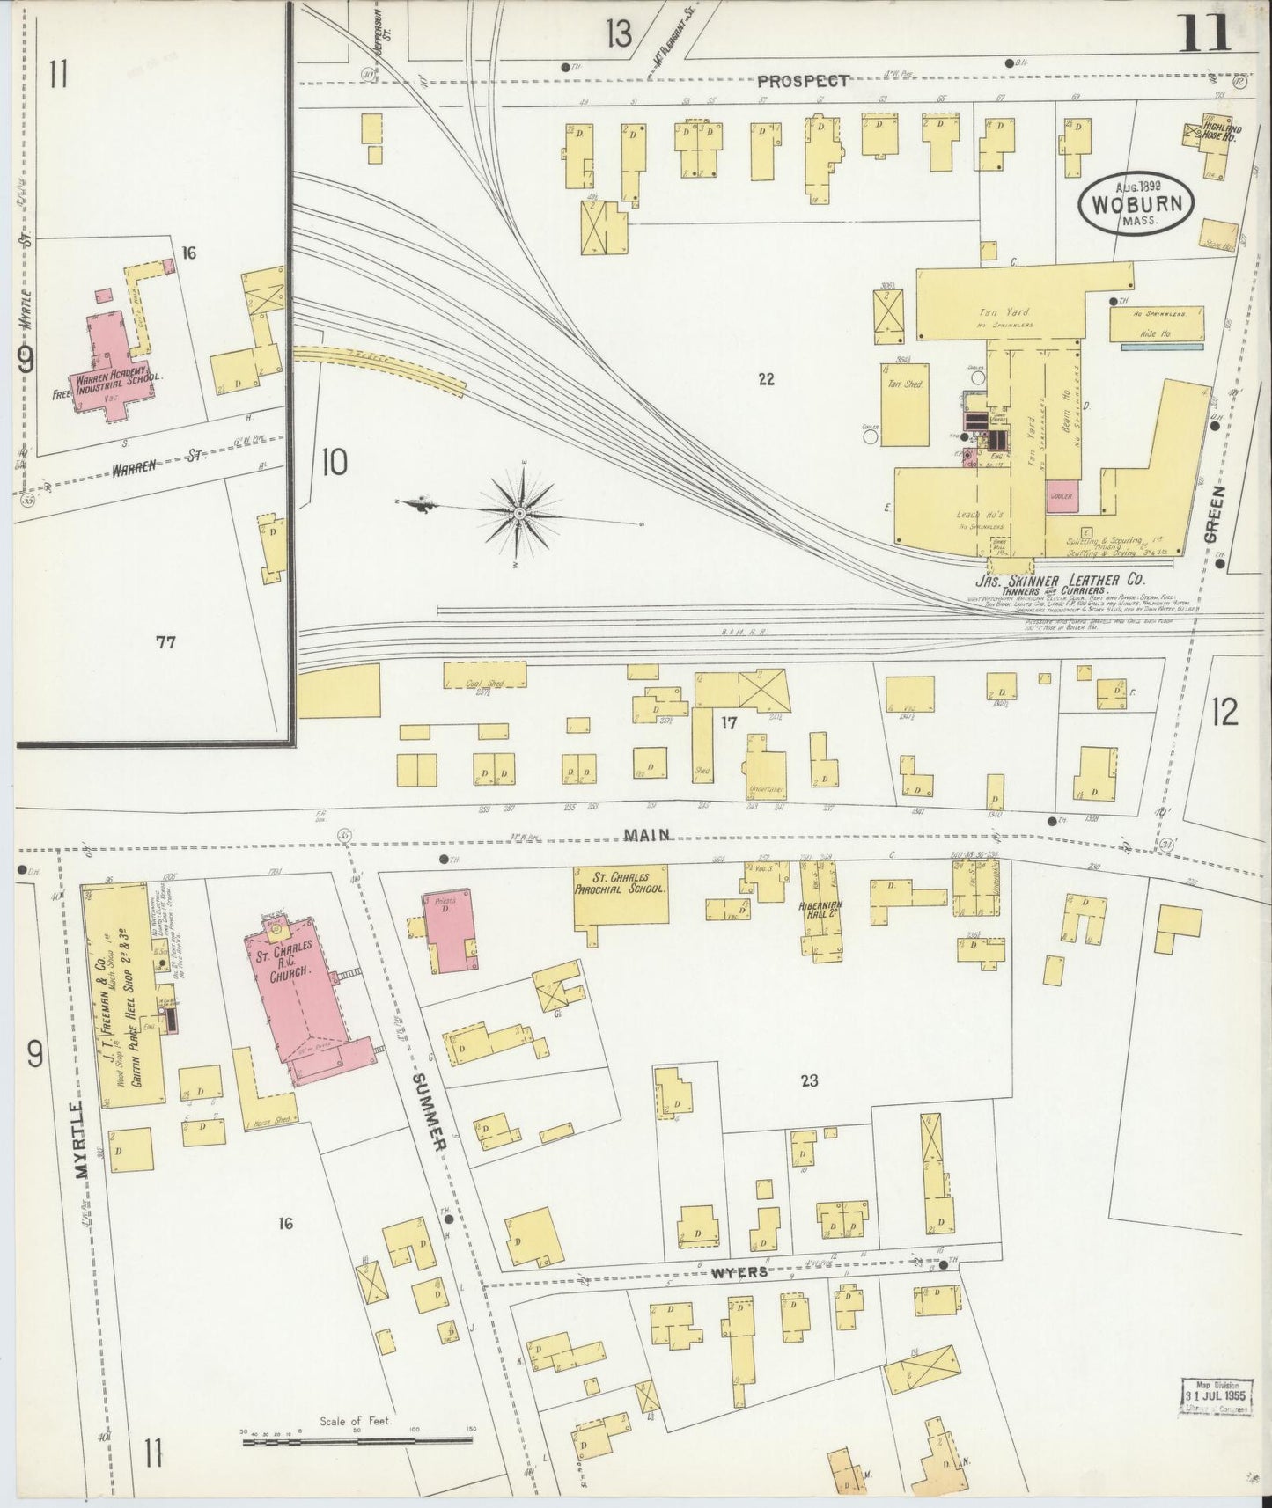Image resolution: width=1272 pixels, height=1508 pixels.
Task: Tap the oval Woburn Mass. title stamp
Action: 1136,205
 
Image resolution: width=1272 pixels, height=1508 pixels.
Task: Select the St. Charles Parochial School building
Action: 621,896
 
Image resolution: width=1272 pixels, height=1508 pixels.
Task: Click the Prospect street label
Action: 803,81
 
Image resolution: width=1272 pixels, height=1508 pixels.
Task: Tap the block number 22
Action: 766,379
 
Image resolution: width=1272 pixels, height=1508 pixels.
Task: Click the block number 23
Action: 809,1080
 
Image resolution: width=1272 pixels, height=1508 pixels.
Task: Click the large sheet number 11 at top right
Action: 1205,35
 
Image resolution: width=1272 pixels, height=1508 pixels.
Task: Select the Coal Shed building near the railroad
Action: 484,675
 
